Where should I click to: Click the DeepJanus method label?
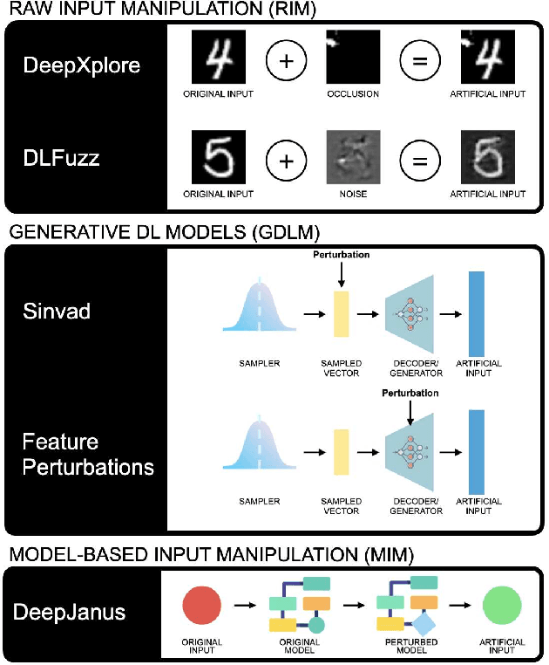[69, 612]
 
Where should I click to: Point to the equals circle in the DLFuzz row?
[420, 161]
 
